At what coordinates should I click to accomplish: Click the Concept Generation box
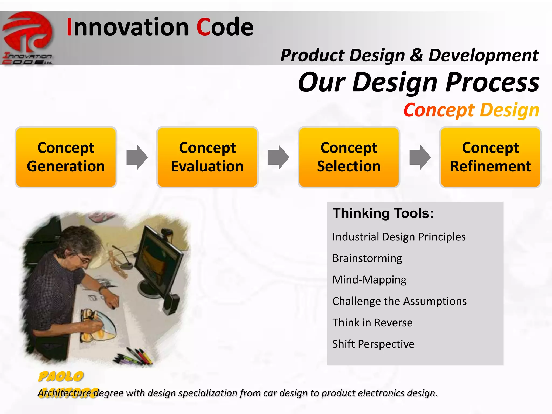66,157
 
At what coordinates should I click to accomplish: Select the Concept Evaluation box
207,157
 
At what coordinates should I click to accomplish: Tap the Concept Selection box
349,157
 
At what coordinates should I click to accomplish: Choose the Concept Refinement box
490,157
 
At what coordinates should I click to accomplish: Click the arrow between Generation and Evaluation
137,157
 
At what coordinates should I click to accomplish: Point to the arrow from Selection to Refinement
420,157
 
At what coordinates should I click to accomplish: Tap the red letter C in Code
203,27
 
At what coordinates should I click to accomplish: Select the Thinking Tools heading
383,213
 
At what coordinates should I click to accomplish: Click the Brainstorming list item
367,258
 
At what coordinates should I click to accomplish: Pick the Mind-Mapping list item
369,280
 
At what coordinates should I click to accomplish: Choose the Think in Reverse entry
372,323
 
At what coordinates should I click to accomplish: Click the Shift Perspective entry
373,344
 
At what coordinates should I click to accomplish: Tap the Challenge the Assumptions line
399,301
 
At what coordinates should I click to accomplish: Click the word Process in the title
492,82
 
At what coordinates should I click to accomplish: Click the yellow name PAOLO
61,377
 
